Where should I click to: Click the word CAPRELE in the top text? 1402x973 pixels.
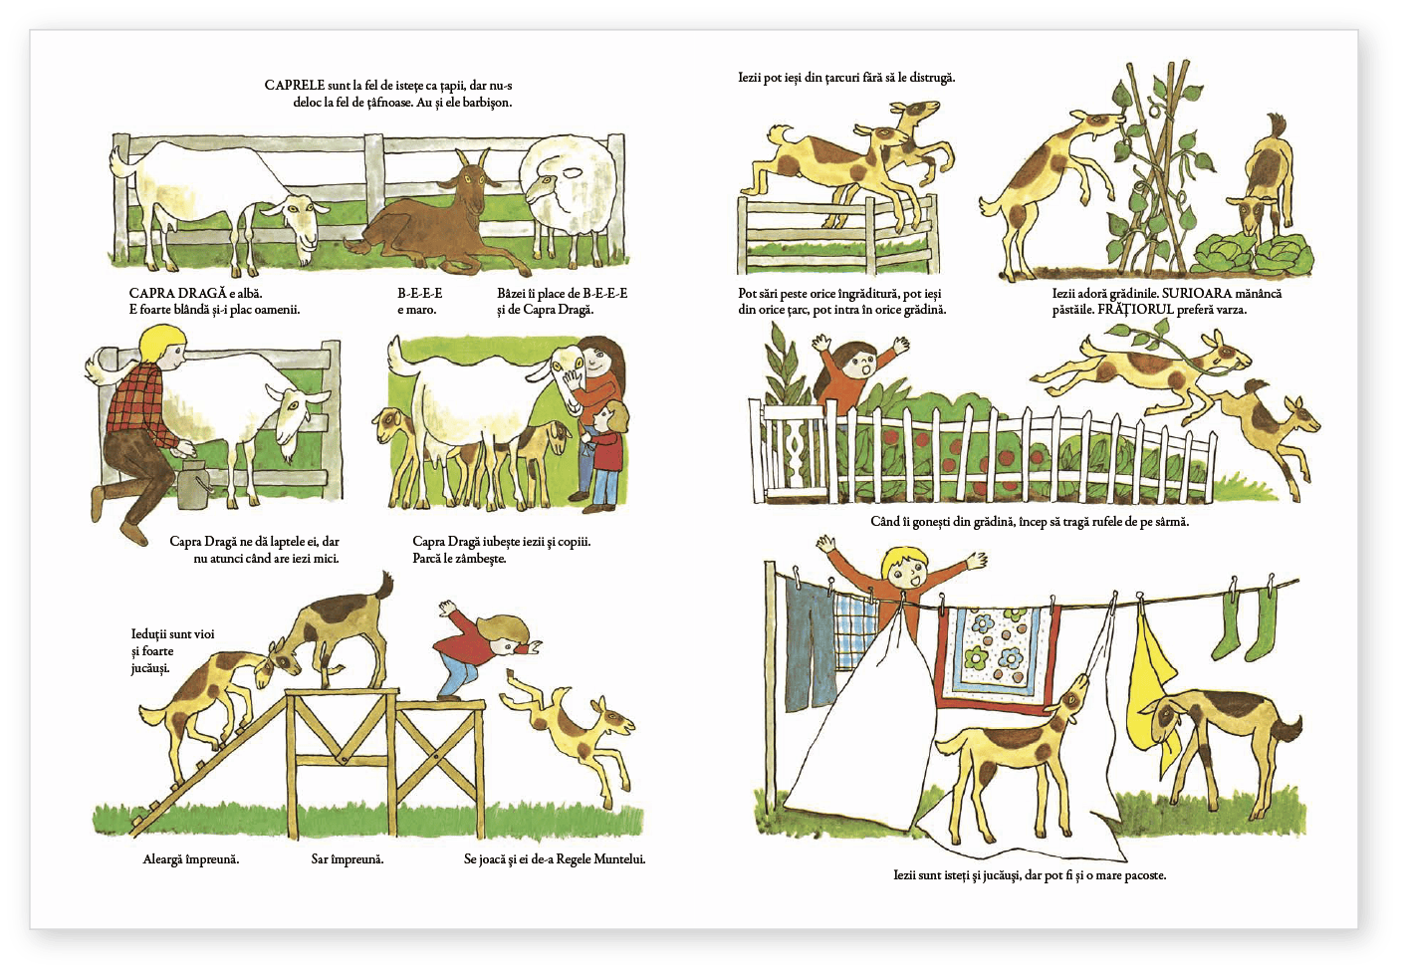[x=294, y=86]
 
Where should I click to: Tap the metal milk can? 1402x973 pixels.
[x=194, y=483]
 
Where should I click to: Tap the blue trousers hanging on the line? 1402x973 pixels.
[x=810, y=645]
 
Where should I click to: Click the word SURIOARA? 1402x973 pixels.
[x=1197, y=293]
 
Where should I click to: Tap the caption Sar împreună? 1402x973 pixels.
[x=348, y=859]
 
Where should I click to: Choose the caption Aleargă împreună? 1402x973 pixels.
[x=191, y=859]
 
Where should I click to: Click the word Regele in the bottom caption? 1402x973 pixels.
[x=574, y=859]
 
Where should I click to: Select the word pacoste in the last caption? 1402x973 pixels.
[x=1145, y=875]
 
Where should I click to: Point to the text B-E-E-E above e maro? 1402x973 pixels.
[x=420, y=293]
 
